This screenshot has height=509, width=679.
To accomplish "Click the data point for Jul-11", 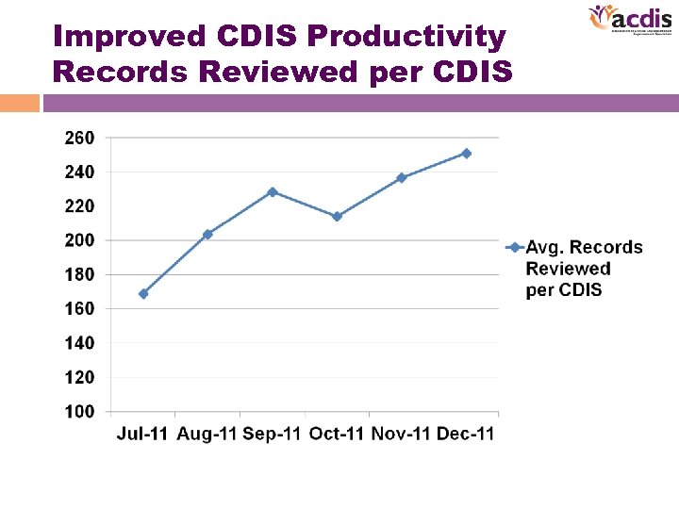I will click(143, 293).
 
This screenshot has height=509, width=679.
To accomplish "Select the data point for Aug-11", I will click(207, 234).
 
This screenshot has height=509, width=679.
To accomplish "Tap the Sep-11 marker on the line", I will click(273, 191).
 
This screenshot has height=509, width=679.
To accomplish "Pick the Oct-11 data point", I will click(337, 217).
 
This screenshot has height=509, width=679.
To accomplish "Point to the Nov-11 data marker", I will click(402, 177).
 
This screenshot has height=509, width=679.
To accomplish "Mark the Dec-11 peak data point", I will click(466, 153).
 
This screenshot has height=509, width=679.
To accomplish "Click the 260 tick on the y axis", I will click(79, 139).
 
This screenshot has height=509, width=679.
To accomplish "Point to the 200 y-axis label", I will click(79, 240).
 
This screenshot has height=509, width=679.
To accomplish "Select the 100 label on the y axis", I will click(79, 412).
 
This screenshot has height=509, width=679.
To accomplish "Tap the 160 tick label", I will click(79, 309).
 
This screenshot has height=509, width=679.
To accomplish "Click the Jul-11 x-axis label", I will click(143, 434).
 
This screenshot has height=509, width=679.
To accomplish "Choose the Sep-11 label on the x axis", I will click(273, 434).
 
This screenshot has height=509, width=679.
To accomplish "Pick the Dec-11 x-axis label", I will click(466, 434).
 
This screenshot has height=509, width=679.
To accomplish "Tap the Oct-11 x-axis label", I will click(337, 434).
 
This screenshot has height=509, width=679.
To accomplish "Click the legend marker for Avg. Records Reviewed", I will click(514, 248).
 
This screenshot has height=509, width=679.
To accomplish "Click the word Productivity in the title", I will click(406, 38).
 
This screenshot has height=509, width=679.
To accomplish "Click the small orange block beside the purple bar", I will click(20, 102).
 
